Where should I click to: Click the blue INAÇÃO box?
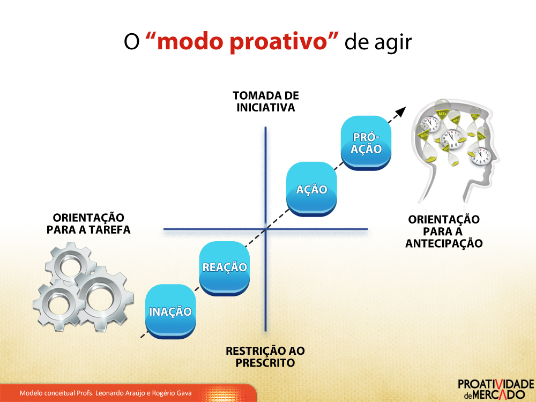(170, 311)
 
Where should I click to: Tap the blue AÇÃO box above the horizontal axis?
(311, 189)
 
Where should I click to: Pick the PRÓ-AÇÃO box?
(366, 143)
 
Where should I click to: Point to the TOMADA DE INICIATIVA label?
(266, 101)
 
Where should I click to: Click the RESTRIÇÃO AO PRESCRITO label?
(265, 356)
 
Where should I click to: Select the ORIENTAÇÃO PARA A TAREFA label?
(88, 224)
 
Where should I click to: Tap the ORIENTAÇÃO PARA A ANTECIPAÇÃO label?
(444, 232)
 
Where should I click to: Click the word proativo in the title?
(279, 42)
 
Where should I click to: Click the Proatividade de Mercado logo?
(496, 389)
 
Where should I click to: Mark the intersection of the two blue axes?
(266, 229)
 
